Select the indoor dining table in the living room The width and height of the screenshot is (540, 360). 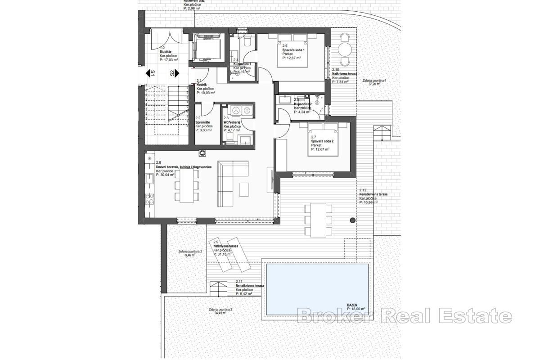click(x=186, y=188)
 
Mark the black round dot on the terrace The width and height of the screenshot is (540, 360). click(x=352, y=220)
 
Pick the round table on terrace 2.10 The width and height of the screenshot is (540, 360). click(x=345, y=49)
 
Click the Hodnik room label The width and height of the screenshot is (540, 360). click(x=201, y=85)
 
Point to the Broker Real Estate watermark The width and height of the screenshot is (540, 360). click(x=405, y=316)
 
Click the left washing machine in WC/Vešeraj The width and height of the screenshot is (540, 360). click(x=235, y=109)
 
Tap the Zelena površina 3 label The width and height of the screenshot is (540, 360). click(x=220, y=310)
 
